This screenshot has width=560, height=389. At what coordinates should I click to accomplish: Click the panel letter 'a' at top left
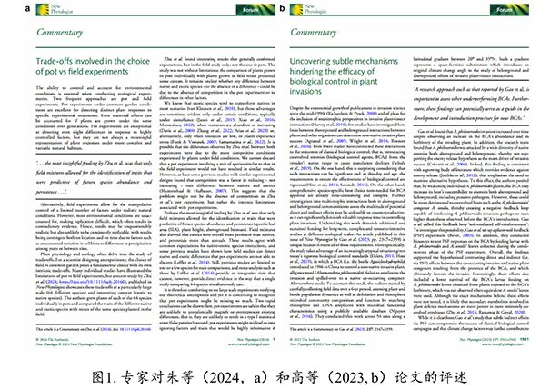pos(5,6)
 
